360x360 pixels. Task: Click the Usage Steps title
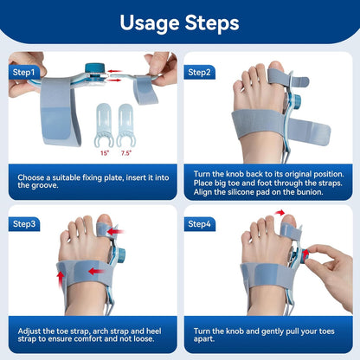[x=179, y=22]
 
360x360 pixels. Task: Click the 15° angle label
[x=106, y=153]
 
